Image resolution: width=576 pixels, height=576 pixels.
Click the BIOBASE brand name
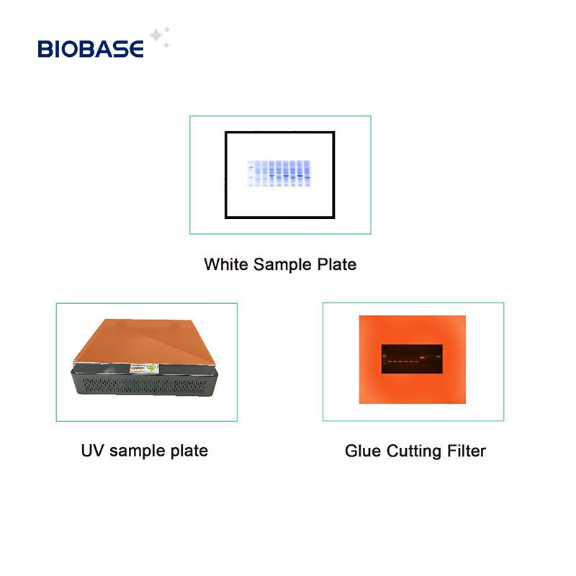[91, 48]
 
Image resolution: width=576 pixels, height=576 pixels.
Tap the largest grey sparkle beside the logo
[155, 35]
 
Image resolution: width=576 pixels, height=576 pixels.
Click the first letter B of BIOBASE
[45, 48]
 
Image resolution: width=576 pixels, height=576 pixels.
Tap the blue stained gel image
[279, 174]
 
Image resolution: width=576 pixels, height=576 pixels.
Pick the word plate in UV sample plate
[189, 451]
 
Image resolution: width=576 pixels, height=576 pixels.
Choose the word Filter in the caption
[464, 451]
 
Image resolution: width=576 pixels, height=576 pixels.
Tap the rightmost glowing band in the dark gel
[436, 354]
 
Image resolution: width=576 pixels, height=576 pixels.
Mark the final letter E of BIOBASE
[137, 48]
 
